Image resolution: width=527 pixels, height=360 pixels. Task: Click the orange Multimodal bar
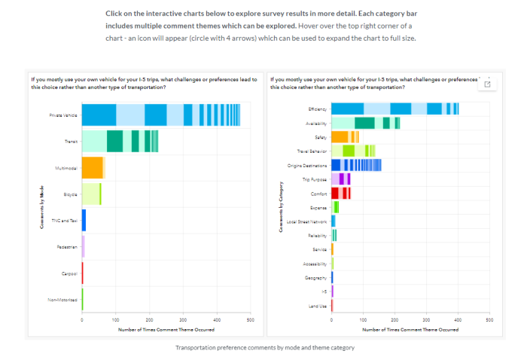(92, 167)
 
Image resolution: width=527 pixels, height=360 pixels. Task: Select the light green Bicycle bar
(91, 194)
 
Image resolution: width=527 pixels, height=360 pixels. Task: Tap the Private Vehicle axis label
(64, 114)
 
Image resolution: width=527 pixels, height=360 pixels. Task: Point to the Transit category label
(71, 141)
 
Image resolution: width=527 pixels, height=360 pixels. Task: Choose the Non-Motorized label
(64, 299)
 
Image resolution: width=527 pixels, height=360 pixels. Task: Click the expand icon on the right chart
(487, 84)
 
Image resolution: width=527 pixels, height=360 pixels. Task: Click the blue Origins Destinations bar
(356, 165)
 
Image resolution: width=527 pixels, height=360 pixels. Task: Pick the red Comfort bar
(341, 193)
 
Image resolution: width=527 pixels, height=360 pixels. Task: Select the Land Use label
(318, 305)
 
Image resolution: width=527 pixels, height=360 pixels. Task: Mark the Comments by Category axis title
(282, 206)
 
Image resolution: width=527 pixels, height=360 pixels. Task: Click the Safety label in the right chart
(321, 137)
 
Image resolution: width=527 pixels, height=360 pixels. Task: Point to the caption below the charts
(263, 347)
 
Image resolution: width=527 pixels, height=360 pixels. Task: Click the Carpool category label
(70, 273)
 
